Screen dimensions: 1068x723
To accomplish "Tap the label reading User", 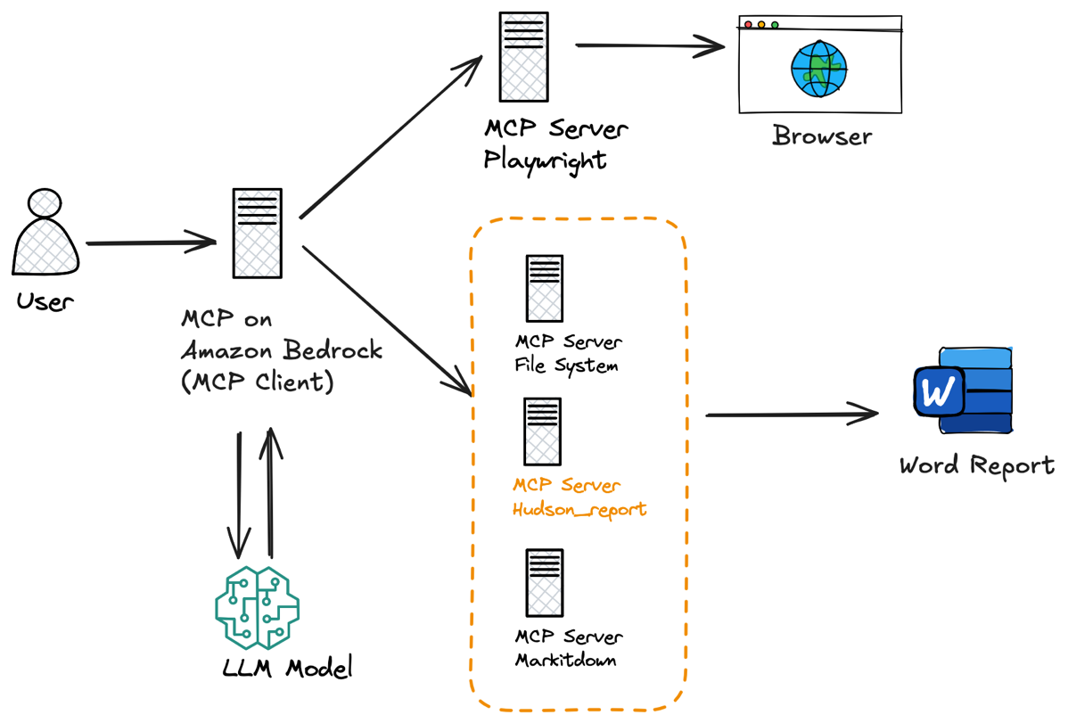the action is point(45,301).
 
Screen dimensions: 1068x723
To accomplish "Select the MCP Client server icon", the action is point(258,233).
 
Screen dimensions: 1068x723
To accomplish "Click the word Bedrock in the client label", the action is point(333,350).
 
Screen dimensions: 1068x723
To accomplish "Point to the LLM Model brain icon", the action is point(258,608).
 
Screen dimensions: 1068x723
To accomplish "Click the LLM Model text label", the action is point(287,667).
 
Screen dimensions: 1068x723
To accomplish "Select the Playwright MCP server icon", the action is point(524,56).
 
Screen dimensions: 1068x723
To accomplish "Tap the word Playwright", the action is point(545,160).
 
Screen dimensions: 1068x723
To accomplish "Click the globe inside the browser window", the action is point(818,69).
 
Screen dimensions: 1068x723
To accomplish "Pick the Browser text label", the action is point(822,136).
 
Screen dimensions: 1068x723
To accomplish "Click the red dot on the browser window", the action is point(748,25).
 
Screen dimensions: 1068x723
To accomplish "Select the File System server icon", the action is point(544,288).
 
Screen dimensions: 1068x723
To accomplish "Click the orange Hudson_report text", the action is point(579,509).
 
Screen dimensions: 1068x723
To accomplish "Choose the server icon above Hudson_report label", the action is point(543,432).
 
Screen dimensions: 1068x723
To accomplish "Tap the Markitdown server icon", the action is point(544,583).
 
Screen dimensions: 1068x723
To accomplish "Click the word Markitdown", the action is point(566,660).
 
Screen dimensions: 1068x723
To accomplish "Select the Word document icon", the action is point(963,390).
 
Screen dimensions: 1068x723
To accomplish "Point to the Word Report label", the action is point(977,465).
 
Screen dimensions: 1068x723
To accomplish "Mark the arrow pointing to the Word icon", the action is point(793,415).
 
